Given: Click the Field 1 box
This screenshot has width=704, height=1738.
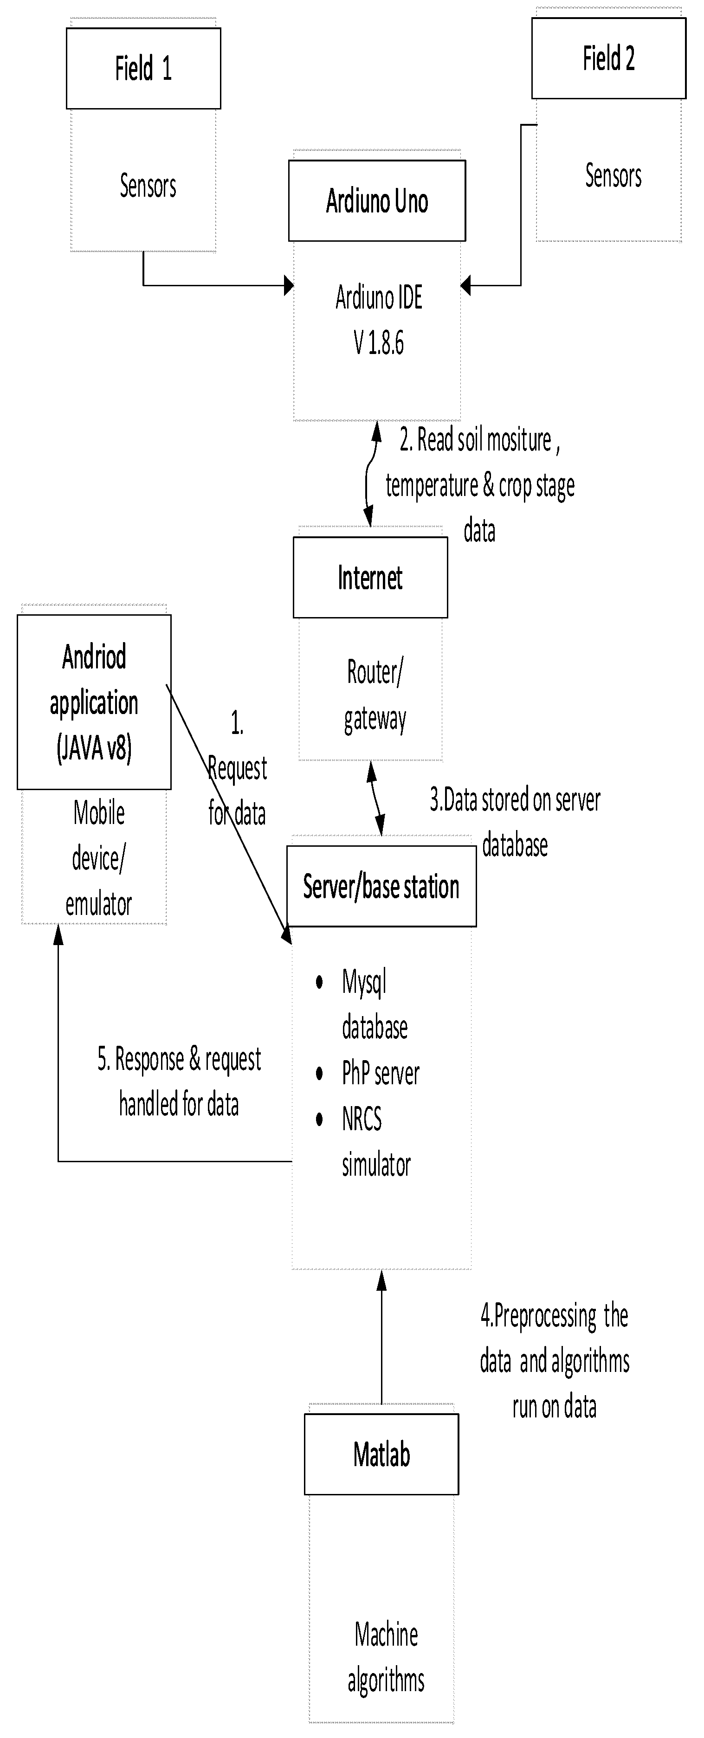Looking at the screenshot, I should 143,68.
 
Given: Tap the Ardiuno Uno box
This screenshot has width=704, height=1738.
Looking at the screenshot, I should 377,200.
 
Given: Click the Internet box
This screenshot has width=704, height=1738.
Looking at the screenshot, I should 370,578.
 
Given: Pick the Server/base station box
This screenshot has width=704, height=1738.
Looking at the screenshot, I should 381,886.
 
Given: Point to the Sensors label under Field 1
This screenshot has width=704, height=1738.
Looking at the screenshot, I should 148,186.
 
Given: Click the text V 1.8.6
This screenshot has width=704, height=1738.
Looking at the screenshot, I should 379,343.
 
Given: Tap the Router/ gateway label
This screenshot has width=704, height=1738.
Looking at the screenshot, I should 375,695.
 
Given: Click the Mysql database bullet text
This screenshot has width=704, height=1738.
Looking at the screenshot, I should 374,1004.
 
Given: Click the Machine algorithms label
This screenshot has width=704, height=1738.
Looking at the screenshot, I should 386,1656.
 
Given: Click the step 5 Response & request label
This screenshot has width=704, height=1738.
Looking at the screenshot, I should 179,1081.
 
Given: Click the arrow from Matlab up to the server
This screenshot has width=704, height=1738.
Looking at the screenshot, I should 381,1343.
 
